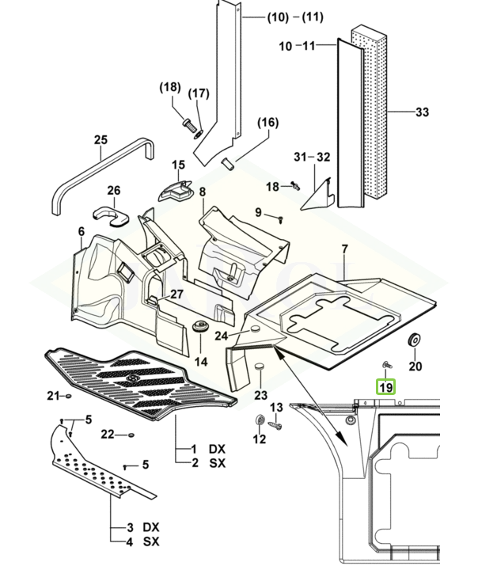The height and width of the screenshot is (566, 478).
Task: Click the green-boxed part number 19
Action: point(385,387)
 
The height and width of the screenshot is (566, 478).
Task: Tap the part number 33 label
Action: point(422,112)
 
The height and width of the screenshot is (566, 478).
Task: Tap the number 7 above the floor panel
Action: point(344,250)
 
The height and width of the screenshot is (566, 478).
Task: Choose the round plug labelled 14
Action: point(200,329)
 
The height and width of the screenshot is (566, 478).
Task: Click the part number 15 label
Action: point(178,165)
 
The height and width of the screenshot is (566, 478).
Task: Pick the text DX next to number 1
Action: point(217,448)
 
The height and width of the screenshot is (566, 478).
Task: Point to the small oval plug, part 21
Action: point(70,394)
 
